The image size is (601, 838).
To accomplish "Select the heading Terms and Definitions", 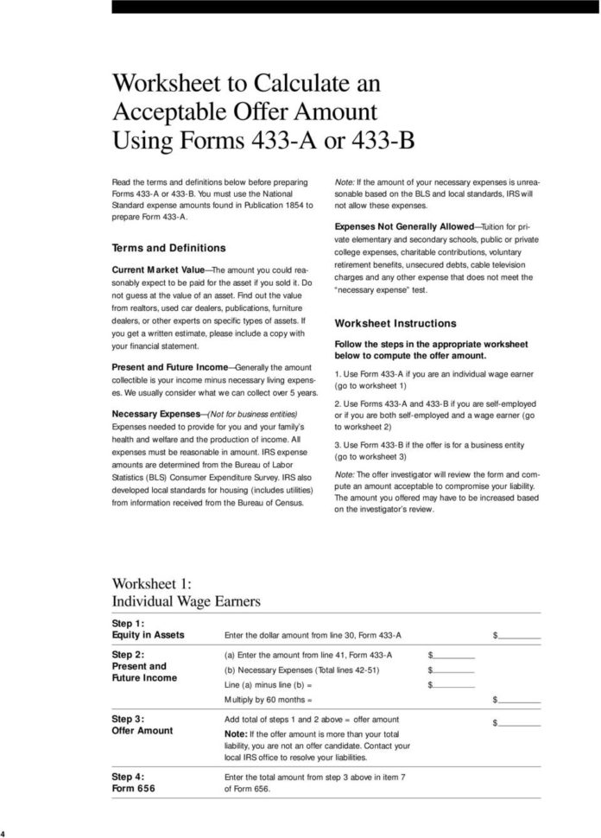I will coord(169,247).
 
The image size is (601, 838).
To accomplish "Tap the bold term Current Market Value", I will coord(161,270).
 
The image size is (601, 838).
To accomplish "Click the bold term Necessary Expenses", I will coord(155,414).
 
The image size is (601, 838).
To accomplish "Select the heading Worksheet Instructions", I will coord(395,323).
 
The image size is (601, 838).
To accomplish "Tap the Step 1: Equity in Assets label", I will coord(148,629).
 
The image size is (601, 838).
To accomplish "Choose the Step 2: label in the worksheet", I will coord(128,655).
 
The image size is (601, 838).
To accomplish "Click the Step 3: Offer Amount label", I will coord(142,724).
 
